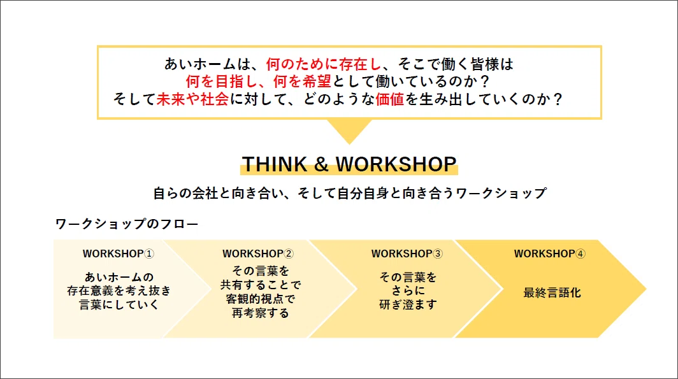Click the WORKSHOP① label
click(x=118, y=254)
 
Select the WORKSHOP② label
click(x=257, y=254)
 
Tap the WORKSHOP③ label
click(x=407, y=254)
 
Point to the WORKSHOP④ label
click(x=549, y=254)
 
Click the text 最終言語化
click(x=552, y=293)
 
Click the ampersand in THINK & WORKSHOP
click(x=321, y=164)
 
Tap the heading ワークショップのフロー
click(x=127, y=224)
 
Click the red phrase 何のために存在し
click(x=324, y=64)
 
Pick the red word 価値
click(x=389, y=99)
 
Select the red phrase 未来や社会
click(x=192, y=99)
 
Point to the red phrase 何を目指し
click(x=222, y=82)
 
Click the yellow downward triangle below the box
click(x=349, y=130)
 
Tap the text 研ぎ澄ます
click(x=408, y=304)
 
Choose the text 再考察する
click(x=260, y=313)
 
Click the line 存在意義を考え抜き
click(x=119, y=291)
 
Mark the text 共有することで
click(x=260, y=285)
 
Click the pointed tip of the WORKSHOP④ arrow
click(x=646, y=289)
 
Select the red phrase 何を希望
click(x=302, y=82)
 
